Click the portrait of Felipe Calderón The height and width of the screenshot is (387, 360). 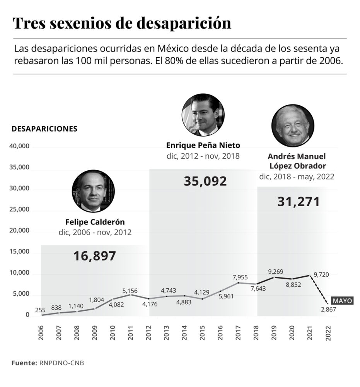(x=93, y=191)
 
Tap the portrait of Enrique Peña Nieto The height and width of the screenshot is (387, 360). (x=203, y=115)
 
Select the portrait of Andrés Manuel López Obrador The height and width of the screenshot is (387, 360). (x=293, y=125)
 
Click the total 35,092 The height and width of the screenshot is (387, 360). (x=205, y=181)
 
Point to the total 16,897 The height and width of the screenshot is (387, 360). (x=94, y=256)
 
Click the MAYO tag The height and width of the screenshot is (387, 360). (x=342, y=301)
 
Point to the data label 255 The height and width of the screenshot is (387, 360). (x=40, y=310)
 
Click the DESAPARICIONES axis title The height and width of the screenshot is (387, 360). (x=44, y=129)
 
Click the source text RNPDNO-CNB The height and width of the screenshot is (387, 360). (x=61, y=363)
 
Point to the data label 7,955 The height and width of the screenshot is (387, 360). (x=241, y=277)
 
